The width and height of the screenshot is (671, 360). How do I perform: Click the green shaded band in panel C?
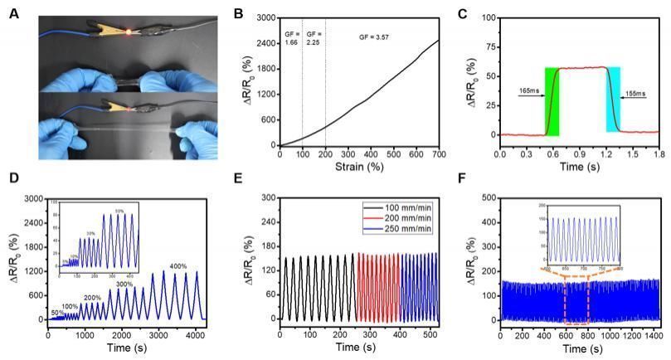pyautogui.click(x=552, y=101)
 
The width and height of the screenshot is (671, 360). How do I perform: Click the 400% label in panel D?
pyautogui.click(x=178, y=266)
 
